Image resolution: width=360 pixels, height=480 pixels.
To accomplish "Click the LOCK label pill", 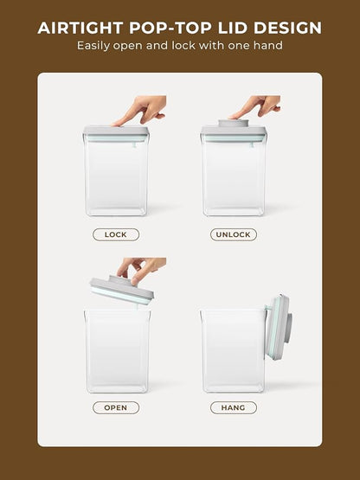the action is [116, 234].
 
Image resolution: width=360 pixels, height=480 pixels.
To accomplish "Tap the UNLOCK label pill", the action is [234, 234].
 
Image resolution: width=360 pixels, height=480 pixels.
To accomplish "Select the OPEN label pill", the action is [116, 407].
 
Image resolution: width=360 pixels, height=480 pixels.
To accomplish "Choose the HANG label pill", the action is [234, 407].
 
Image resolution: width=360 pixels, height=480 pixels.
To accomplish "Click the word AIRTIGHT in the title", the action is [80, 28].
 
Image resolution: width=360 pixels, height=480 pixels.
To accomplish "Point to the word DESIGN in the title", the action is [287, 28].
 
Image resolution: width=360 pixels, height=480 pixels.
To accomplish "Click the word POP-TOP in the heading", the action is [170, 28].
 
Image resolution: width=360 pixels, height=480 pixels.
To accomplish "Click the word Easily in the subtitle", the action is [93, 46].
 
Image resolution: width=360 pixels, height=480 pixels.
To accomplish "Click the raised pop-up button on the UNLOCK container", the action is [233, 123].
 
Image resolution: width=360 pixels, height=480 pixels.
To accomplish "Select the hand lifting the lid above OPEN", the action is [142, 269].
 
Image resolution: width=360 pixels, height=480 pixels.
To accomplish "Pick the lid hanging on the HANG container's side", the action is [279, 327].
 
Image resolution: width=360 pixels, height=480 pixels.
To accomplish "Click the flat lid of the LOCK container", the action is [116, 134].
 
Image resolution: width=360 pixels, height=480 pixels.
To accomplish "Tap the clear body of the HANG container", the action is [233, 351].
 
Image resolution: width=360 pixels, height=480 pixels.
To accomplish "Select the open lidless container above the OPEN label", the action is [118, 351].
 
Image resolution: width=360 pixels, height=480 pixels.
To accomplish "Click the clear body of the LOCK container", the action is [116, 176].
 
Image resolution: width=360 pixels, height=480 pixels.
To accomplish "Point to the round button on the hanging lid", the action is [289, 328].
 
